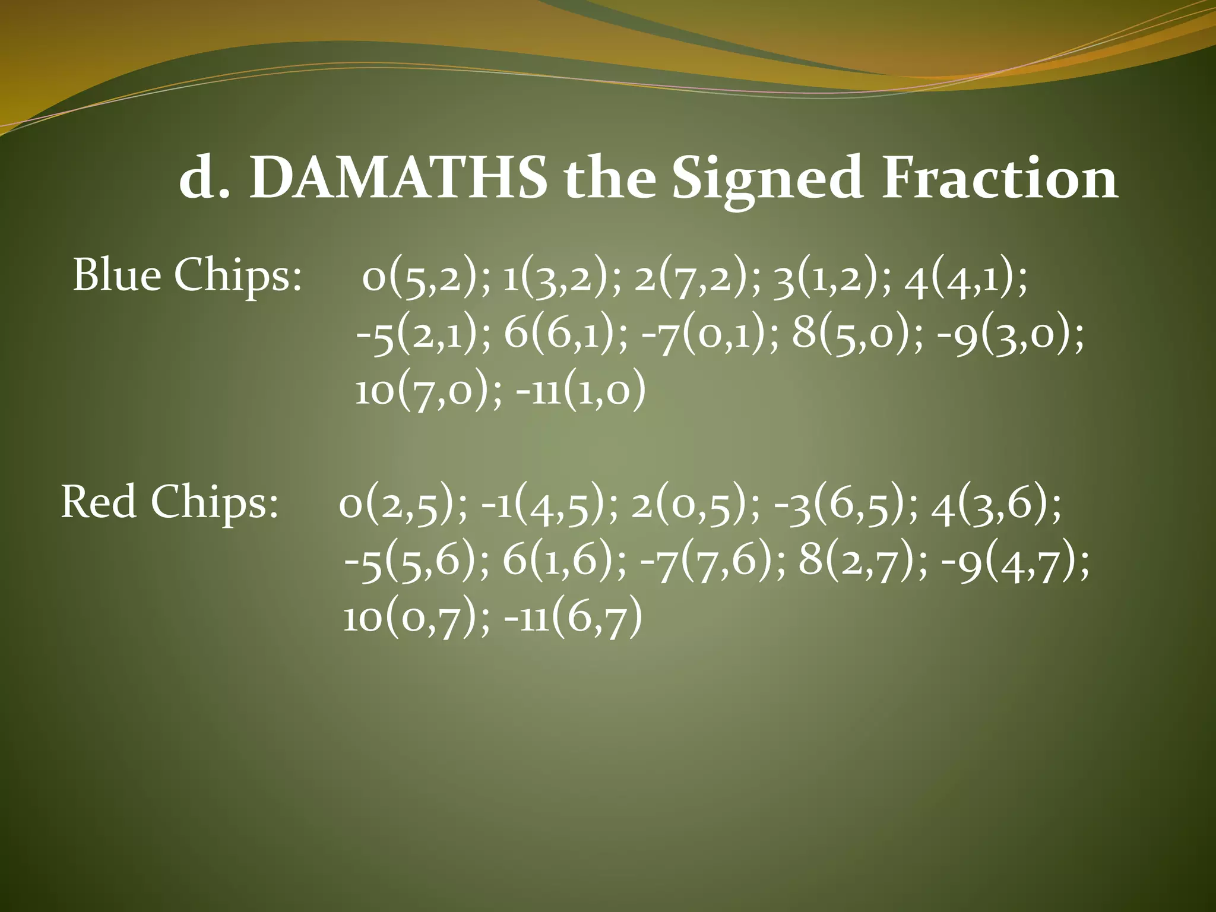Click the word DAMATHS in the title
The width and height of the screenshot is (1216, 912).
pos(398,178)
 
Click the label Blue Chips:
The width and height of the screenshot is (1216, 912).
pos(187,276)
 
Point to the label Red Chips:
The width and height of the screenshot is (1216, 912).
pos(169,502)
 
